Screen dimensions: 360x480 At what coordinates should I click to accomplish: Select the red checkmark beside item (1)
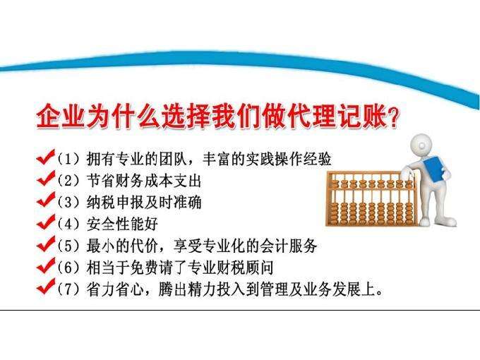click(x=44, y=156)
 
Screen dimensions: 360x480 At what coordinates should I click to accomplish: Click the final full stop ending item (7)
click(x=380, y=294)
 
